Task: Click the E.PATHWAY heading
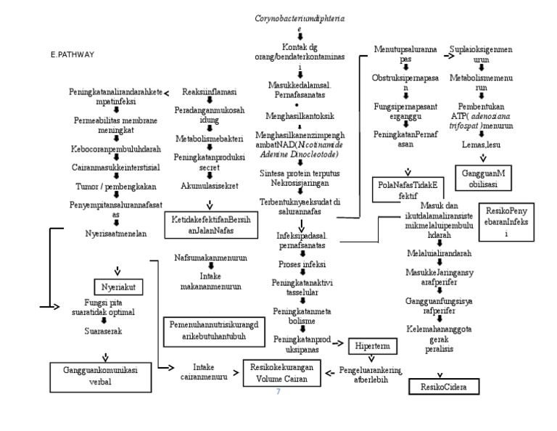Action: (73, 54)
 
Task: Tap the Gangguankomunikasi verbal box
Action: (105, 376)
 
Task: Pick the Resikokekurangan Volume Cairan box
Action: (281, 372)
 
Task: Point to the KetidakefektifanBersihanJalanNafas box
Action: (210, 225)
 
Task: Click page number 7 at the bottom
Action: (278, 393)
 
